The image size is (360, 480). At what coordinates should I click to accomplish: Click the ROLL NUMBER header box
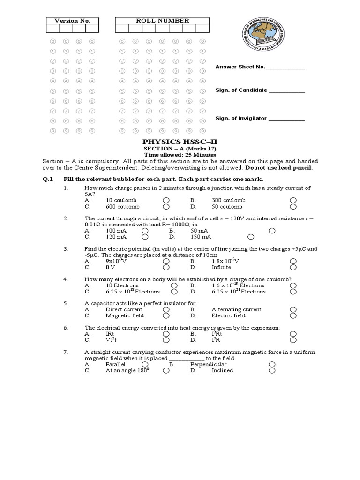[162, 21]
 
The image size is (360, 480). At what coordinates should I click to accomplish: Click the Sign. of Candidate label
[241, 90]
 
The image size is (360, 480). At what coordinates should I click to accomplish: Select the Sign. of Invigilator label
[241, 119]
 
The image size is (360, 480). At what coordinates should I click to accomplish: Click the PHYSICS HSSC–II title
[180, 141]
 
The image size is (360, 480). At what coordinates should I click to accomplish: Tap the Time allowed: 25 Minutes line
[180, 155]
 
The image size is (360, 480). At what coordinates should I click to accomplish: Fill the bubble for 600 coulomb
[166, 206]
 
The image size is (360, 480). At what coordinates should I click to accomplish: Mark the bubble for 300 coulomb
[293, 200]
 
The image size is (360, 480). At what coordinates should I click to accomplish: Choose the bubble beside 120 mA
[145, 237]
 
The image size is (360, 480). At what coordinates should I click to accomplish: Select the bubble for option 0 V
[166, 267]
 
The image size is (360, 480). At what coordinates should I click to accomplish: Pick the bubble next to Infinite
[293, 267]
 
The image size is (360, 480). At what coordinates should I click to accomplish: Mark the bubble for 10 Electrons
[174, 285]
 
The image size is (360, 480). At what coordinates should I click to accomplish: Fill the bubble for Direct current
[166, 310]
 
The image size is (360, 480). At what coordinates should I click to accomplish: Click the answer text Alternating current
[236, 310]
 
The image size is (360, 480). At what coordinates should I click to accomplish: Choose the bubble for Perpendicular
[272, 364]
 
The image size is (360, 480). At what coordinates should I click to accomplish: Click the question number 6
[66, 328]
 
